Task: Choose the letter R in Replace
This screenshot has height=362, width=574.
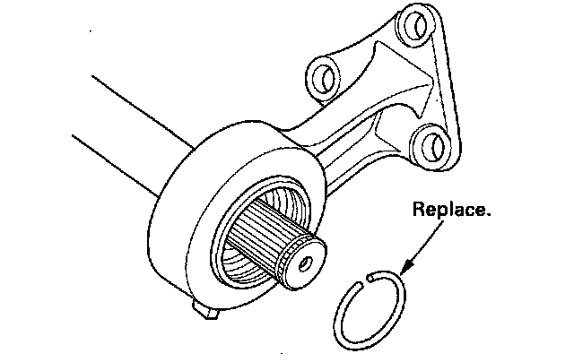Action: (x=418, y=211)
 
